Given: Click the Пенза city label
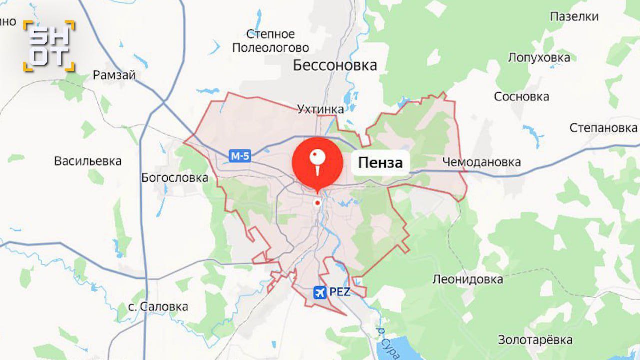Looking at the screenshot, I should point(380,163).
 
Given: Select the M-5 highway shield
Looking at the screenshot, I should point(240,156).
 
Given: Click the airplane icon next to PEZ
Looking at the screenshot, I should point(319,292).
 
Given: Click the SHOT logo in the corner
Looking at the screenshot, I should point(49,46).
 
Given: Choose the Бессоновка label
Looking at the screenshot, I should point(335,65).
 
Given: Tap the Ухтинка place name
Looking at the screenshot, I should point(320,109).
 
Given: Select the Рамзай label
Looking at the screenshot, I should point(114,75).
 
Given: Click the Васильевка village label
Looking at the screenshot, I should point(88,161).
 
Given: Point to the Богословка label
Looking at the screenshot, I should point(175,178).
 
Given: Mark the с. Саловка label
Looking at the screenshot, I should point(158,306).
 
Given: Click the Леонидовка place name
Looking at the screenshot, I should point(468,279).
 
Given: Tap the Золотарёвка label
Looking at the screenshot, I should point(535,340).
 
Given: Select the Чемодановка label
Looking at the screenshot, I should point(481,162).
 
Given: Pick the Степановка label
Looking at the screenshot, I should point(603,128).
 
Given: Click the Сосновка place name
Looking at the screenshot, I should point(521,97).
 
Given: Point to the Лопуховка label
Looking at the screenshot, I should point(539,57).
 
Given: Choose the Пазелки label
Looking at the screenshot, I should point(574,17).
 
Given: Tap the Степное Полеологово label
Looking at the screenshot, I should point(270,41).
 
